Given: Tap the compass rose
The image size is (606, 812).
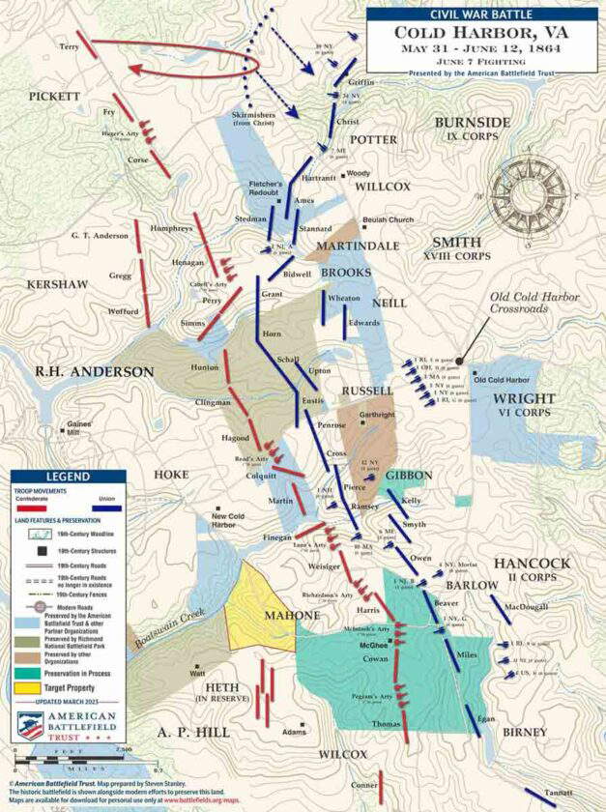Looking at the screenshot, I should click(523, 189).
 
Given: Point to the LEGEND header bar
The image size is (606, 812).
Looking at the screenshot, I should click(68, 477).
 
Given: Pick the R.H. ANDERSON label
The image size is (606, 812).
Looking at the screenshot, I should click(94, 371).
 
